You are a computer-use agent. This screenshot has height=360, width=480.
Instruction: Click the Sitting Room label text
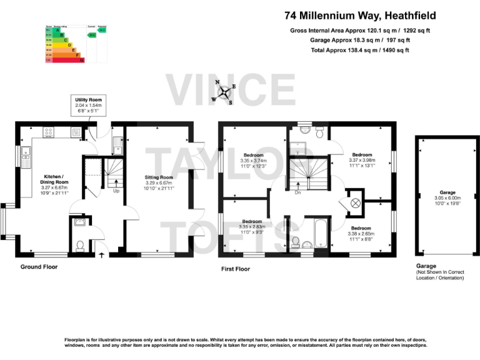coord(157,182)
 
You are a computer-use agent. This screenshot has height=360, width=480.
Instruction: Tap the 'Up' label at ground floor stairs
coord(116,191)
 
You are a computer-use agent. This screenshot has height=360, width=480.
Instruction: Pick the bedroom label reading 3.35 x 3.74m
coord(253,160)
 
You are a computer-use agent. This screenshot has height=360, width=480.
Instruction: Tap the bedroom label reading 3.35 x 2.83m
coord(252,226)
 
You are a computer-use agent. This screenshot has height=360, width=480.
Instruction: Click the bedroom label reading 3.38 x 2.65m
coord(361,233)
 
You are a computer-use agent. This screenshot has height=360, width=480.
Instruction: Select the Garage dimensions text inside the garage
coord(447,198)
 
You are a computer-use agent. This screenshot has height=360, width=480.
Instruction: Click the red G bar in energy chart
coord(67,60)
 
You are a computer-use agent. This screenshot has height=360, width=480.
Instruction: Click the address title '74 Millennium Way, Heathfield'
coord(360,16)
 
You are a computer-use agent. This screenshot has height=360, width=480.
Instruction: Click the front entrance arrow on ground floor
coord(102,254)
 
